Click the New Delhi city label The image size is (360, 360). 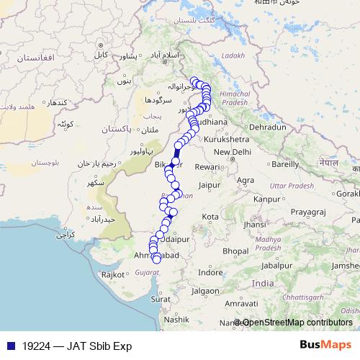pos(231,152)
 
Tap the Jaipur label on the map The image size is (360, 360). pos(208,185)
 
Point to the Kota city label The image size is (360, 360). pos(210,216)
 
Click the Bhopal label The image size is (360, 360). pos(235,251)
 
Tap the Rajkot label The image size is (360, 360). pos(113,274)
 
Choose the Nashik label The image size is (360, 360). pos(176,319)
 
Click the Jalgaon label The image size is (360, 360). pos(206,291)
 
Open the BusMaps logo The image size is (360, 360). pos(325,345)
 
